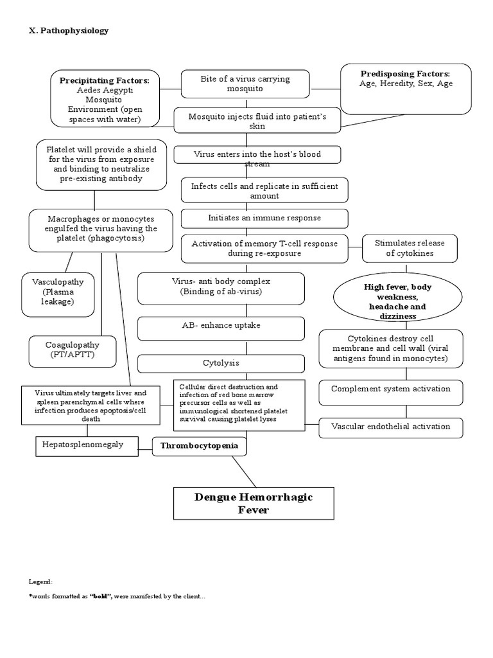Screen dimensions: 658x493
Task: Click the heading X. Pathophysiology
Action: click(x=69, y=30)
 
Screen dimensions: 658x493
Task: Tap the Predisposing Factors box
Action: click(x=406, y=89)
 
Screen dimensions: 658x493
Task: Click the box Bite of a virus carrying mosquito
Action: click(x=245, y=84)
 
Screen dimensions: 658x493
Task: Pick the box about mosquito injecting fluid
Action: click(x=257, y=121)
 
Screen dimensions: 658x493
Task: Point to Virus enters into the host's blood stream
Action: click(x=257, y=155)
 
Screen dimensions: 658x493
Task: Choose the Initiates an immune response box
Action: click(x=264, y=218)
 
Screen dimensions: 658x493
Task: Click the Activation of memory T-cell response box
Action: click(x=264, y=249)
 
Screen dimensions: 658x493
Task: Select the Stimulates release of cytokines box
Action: click(x=410, y=249)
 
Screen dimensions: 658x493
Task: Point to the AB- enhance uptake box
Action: click(x=221, y=326)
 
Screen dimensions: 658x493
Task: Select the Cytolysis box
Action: click(x=221, y=363)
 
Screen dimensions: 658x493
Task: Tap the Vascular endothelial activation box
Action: click(x=390, y=426)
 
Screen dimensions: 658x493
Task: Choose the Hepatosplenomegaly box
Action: click(x=86, y=445)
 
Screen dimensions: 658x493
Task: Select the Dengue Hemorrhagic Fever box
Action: click(x=254, y=503)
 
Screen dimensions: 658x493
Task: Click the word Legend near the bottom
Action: click(x=40, y=581)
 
